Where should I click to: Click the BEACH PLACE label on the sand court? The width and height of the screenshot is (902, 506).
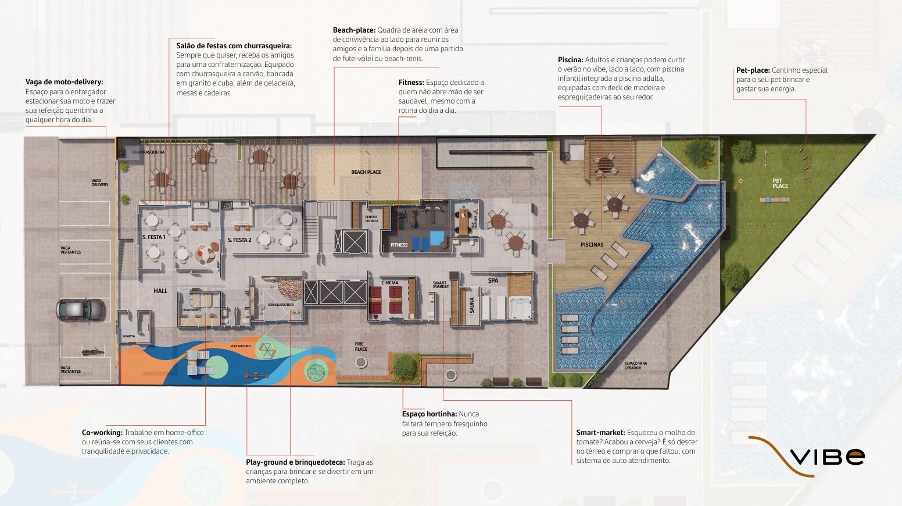[x=366, y=172]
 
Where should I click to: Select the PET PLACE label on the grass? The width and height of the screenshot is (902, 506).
[x=780, y=183]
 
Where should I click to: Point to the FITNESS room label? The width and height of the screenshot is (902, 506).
[x=399, y=245]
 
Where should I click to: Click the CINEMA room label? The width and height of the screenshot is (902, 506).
[x=390, y=283]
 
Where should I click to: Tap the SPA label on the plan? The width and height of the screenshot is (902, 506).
[x=493, y=280]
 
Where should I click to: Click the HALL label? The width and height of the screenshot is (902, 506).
[x=160, y=291]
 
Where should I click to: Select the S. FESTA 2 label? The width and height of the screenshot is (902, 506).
[x=239, y=240]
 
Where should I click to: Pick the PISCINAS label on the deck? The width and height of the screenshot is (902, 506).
[x=592, y=245]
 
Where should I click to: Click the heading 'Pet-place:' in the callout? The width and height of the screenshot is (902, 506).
[x=753, y=70]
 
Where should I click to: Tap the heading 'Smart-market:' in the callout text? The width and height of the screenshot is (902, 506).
[x=600, y=433]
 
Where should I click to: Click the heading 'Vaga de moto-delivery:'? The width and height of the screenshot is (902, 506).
[x=64, y=83]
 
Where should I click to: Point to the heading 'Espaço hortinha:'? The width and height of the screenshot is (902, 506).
[x=429, y=414]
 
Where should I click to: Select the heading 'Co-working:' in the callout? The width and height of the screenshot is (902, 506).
[x=102, y=433]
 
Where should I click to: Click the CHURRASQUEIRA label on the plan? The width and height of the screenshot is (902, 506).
[x=148, y=152]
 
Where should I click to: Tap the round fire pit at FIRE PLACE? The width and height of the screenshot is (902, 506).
[x=361, y=362]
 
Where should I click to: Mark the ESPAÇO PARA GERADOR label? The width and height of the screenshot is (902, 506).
[x=635, y=365]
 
